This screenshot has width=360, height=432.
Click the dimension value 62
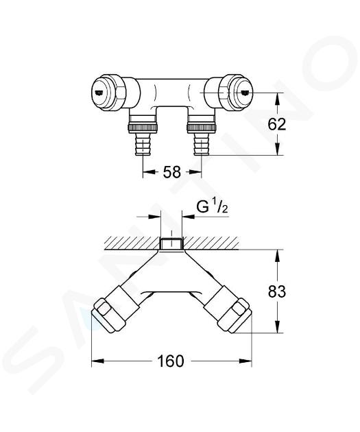277,125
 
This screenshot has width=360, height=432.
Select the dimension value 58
172,172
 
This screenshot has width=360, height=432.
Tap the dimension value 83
277,291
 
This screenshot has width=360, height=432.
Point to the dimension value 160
170,361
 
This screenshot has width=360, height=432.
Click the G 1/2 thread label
212,207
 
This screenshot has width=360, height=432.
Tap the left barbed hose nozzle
143,144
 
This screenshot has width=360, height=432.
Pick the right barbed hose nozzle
202,144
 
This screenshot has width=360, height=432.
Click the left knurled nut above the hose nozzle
143,128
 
